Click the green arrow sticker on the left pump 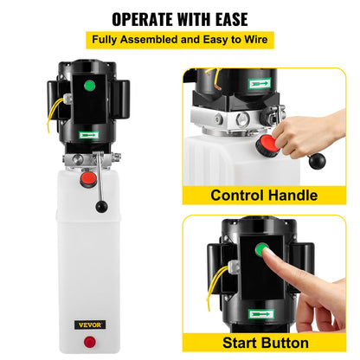tap(87, 135)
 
